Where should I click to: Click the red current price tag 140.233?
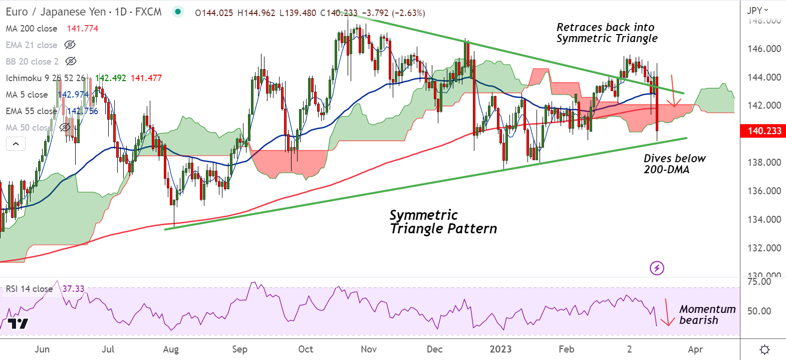(x=764, y=131)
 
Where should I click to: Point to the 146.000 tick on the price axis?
(x=764, y=49)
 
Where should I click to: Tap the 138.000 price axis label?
(x=764, y=162)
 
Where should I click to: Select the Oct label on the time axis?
(x=306, y=349)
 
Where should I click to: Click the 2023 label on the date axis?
(x=500, y=349)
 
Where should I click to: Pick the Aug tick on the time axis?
(x=171, y=349)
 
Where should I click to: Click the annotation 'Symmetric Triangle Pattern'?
(x=443, y=222)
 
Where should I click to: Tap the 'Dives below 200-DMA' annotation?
(x=674, y=164)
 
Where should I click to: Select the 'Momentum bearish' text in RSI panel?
(x=707, y=314)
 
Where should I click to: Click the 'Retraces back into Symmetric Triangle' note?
(x=607, y=33)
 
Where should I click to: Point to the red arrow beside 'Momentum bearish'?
(x=667, y=313)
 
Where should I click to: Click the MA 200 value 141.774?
(x=83, y=29)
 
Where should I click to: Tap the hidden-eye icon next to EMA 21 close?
(x=70, y=45)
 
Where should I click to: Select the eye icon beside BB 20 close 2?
(x=71, y=61)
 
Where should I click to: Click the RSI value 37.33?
(x=74, y=289)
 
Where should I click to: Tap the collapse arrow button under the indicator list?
(x=16, y=144)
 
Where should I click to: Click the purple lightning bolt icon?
(x=657, y=268)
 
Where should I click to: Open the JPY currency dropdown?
(x=757, y=11)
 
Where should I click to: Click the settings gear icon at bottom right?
(x=764, y=349)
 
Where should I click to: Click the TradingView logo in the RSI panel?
(x=18, y=323)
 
